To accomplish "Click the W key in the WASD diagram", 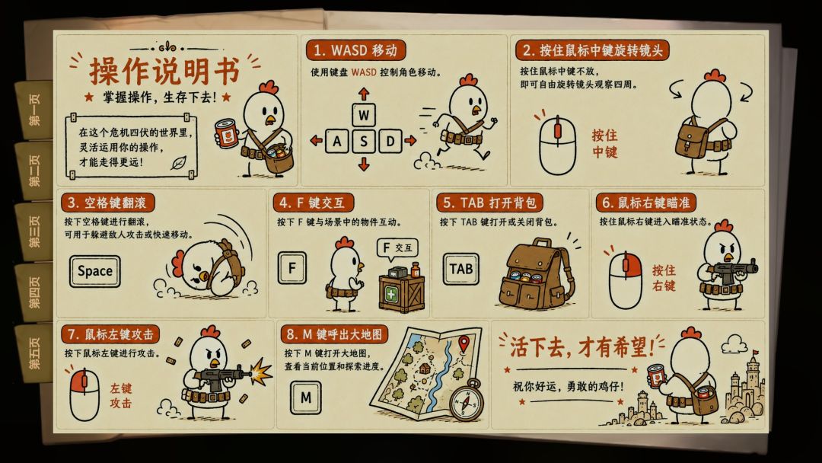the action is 364,114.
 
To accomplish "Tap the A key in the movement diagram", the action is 337,141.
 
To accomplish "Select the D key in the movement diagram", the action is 390,141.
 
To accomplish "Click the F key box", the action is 292,268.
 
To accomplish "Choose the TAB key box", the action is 460,269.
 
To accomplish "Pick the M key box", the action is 306,398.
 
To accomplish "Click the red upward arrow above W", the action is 364,94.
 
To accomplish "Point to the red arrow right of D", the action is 410,141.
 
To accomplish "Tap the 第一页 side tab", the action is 34,110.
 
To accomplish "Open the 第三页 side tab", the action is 34,231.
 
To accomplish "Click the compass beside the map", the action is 467,401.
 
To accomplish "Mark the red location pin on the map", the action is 464,344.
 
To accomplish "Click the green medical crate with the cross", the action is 402,292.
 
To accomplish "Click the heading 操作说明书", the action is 164,71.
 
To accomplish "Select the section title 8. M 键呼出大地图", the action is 334,334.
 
